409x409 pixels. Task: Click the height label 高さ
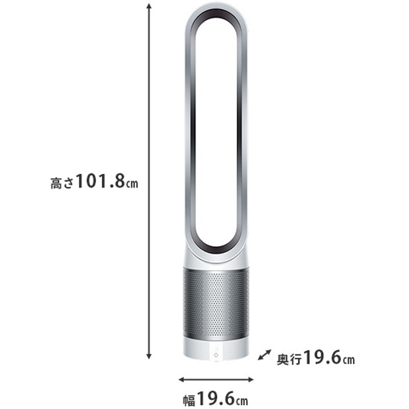(62, 183)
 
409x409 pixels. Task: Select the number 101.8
(100, 182)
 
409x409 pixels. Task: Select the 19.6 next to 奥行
(322, 358)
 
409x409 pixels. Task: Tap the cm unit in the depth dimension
(348, 359)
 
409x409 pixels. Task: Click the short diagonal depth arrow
(264, 354)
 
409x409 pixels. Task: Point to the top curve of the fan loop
(215, 9)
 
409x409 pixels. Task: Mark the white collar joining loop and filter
(215, 258)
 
